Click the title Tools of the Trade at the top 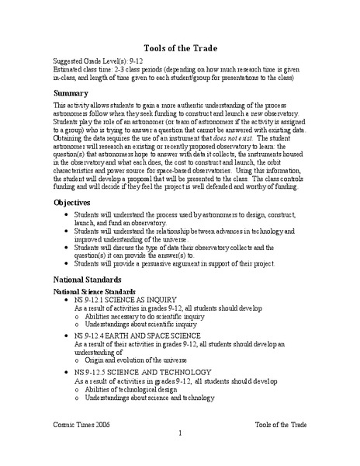pos(179,45)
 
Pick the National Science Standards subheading pos(96,291)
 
